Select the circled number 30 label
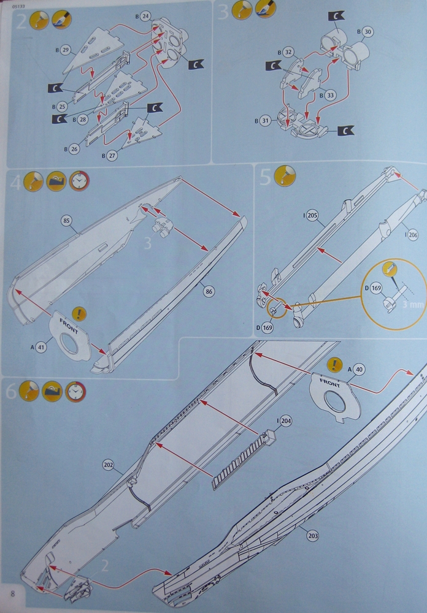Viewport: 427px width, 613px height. (368, 31)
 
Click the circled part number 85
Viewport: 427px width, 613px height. (67, 221)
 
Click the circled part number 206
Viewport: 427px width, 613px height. (411, 235)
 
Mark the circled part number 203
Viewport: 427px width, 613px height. (313, 536)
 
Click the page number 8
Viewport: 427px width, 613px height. (13, 595)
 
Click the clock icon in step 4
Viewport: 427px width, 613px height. (79, 181)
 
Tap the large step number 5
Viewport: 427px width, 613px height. (265, 178)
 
